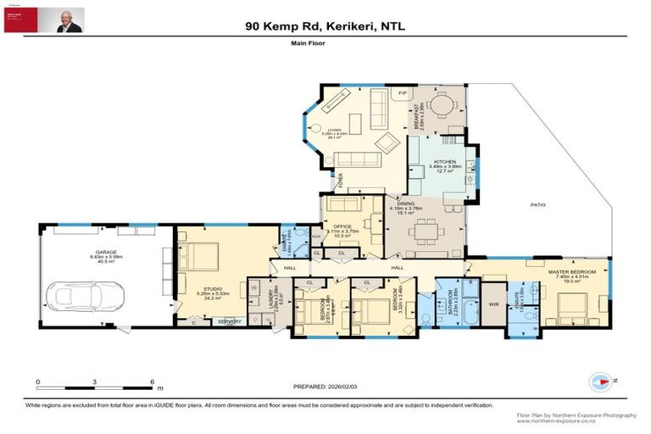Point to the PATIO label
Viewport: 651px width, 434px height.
(538, 205)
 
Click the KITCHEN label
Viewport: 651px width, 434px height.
(445, 162)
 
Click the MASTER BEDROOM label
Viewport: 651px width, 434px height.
(576, 271)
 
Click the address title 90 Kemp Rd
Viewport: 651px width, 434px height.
(325, 26)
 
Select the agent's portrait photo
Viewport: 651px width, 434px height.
(70, 20)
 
